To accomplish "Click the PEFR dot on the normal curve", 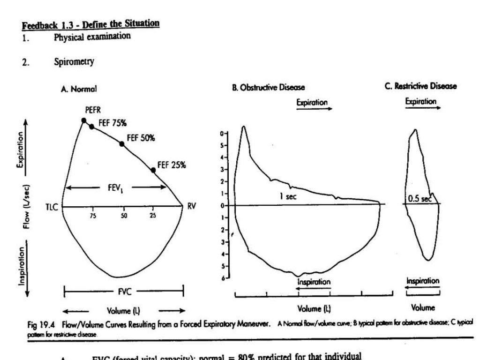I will click(84, 120).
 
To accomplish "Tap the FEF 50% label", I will click(141, 138).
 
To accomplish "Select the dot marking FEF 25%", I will click(153, 170).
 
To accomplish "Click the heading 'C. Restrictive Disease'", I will click(421, 86).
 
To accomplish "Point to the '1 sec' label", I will click(288, 197).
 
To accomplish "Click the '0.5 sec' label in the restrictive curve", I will click(419, 198).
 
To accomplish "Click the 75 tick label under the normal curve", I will click(93, 216).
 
